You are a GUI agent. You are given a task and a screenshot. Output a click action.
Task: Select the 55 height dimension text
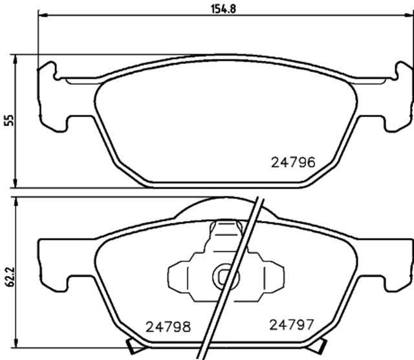(8, 120)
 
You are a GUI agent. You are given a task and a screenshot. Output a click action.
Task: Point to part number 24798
(168, 326)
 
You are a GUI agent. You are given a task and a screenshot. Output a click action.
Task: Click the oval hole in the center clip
(224, 277)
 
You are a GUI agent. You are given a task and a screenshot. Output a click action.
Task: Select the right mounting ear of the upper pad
(396, 97)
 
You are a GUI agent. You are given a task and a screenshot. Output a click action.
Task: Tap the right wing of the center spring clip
(270, 277)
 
